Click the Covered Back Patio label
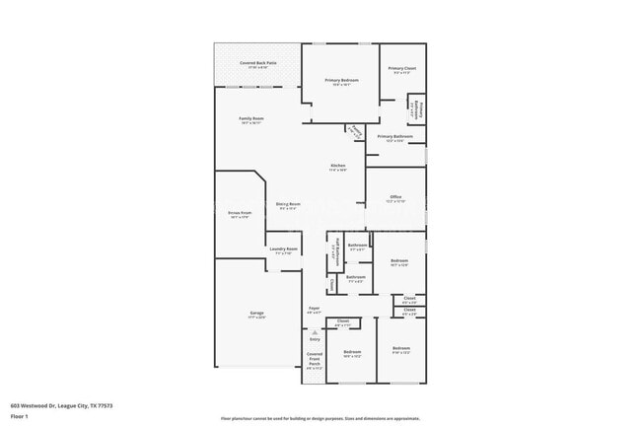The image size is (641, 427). [x=257, y=62]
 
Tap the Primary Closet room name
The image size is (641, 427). [x=401, y=68]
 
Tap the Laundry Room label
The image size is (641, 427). [x=283, y=249]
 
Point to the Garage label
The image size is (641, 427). [x=255, y=314]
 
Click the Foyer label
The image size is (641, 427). [x=314, y=309]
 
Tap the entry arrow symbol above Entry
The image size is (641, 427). [x=315, y=332]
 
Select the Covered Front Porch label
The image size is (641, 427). [x=314, y=360]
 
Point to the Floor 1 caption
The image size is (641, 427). [x=20, y=416]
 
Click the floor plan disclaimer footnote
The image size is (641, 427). [x=320, y=418]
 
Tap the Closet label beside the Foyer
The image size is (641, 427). [x=342, y=321]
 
